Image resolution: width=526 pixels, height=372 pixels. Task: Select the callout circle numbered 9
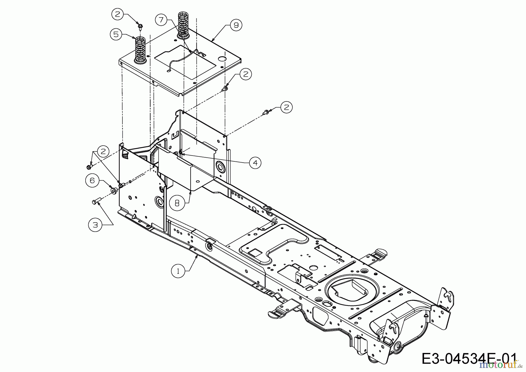(x=236, y=25)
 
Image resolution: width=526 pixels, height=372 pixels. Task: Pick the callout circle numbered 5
(x=116, y=35)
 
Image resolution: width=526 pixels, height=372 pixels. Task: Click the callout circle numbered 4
(x=255, y=163)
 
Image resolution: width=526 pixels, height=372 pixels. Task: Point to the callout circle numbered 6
(x=92, y=180)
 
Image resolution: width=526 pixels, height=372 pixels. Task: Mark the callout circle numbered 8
(x=177, y=203)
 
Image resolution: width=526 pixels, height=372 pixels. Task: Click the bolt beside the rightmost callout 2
(x=266, y=111)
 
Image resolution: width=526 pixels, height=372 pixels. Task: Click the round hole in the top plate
(x=223, y=59)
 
